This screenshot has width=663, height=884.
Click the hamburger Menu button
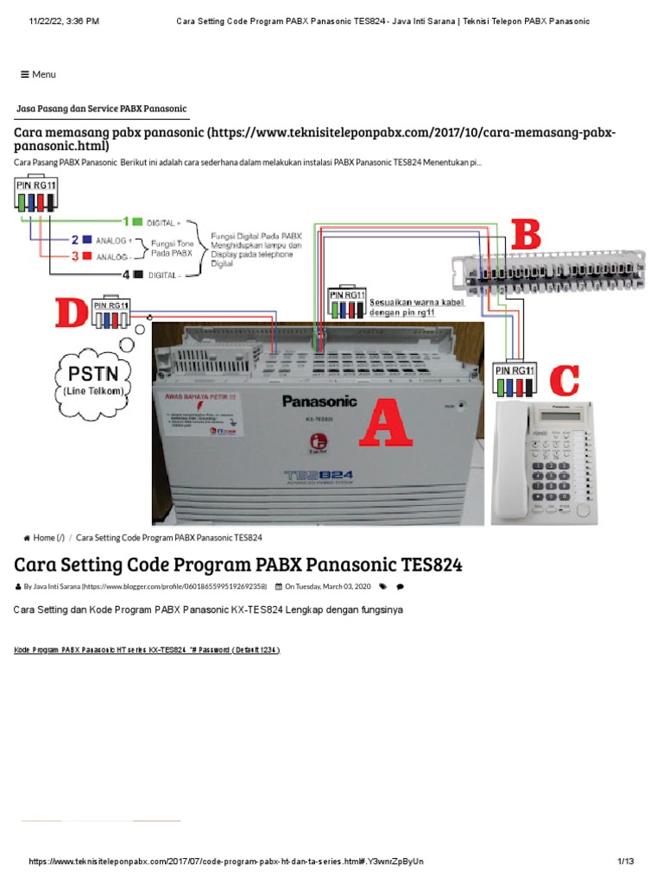(38, 74)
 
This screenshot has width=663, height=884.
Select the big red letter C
(563, 382)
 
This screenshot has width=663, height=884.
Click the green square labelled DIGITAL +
(138, 222)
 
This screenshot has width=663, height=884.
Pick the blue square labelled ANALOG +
(86, 240)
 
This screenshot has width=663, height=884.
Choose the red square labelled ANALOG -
(86, 256)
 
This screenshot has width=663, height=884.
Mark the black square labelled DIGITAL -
(138, 275)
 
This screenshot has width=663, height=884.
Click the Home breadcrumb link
(44, 538)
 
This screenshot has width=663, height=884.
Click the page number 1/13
(626, 862)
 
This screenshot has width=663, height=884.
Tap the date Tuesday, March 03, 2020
(327, 586)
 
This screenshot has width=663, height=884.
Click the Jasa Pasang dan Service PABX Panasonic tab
(102, 109)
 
